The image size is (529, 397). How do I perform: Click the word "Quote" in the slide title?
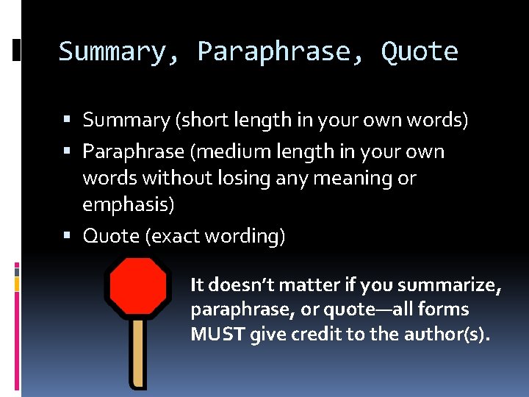(x=420, y=52)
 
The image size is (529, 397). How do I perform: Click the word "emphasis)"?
(x=129, y=204)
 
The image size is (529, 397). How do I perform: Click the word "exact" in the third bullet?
(x=179, y=236)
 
